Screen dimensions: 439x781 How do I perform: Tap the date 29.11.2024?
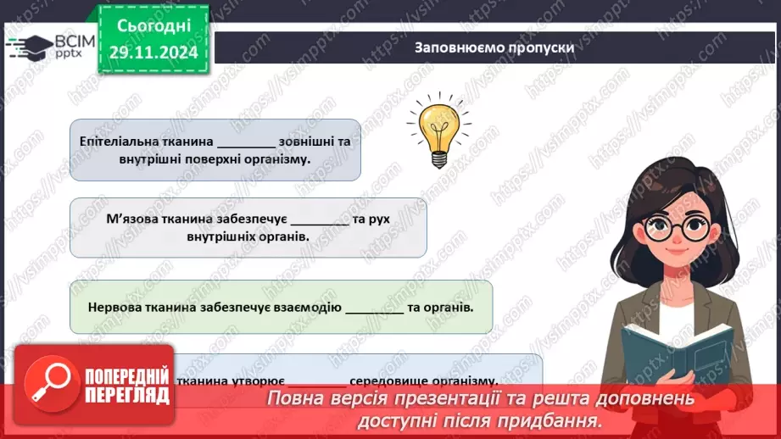click(153, 52)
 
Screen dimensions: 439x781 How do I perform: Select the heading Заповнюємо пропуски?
click(494, 47)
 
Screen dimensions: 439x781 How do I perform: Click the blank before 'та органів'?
click(375, 308)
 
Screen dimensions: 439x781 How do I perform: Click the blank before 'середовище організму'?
click(312, 382)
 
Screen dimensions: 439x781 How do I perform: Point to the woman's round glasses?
click(674, 226)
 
